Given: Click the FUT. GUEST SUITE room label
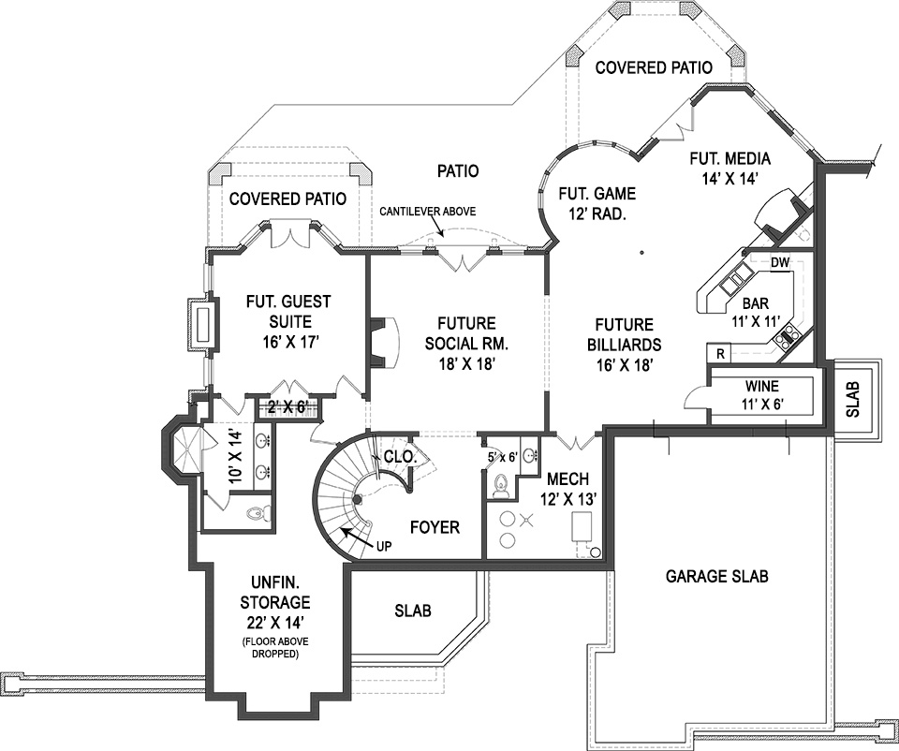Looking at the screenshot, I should click(288, 321).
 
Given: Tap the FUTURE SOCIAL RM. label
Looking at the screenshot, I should click(460, 342).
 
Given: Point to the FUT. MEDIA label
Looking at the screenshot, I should click(730, 167).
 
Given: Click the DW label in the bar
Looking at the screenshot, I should click(779, 263).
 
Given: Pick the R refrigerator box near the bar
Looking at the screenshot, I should click(719, 354).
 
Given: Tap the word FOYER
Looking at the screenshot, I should click(435, 528).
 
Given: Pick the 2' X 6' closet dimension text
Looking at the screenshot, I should click(287, 406).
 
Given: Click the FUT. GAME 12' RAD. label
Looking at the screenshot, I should click(597, 203).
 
